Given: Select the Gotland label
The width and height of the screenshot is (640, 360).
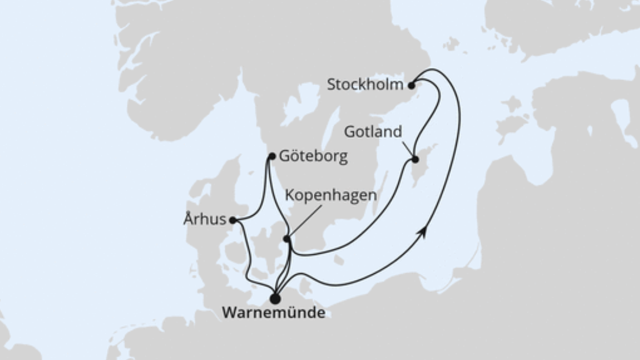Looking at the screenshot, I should (x=373, y=132).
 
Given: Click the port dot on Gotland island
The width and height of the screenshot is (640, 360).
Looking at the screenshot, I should (x=415, y=159).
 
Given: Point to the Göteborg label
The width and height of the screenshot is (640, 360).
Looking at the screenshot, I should (x=313, y=157).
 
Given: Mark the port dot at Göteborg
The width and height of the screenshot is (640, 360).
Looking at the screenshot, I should (x=272, y=156).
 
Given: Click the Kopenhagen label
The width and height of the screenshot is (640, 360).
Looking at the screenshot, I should (x=331, y=195).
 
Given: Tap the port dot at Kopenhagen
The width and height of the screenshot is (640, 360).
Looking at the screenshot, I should (x=286, y=239).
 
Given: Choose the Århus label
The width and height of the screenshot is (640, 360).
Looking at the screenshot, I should (x=205, y=220).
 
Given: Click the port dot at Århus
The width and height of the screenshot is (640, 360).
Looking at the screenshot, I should (x=233, y=220).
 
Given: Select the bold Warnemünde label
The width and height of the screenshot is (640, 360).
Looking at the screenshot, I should (x=273, y=313).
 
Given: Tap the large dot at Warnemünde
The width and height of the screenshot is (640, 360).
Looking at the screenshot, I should (x=275, y=298).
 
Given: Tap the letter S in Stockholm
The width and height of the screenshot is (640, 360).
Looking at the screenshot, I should (x=331, y=85).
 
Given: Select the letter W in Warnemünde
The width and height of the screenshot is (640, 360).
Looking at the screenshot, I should (x=227, y=313).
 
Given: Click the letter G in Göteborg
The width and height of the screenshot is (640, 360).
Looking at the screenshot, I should (x=284, y=157).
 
